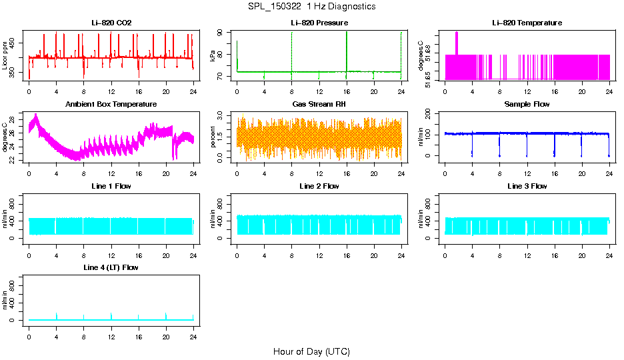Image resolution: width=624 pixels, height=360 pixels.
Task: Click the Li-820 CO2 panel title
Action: tap(111, 23)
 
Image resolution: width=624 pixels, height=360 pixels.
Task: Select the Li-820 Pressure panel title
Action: tap(319, 23)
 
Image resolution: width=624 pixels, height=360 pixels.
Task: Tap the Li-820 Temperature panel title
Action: tap(527, 23)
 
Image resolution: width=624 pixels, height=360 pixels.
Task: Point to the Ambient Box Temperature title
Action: tap(111, 105)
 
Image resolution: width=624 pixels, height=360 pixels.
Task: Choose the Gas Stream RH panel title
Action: tap(319, 105)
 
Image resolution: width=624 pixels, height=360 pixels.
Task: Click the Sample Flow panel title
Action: tap(527, 105)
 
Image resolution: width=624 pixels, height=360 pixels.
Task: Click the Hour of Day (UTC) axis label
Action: tap(311, 351)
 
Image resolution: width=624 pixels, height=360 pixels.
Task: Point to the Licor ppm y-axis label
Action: tap(5, 55)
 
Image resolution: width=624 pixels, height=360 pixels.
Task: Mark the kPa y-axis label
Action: tap(213, 55)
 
